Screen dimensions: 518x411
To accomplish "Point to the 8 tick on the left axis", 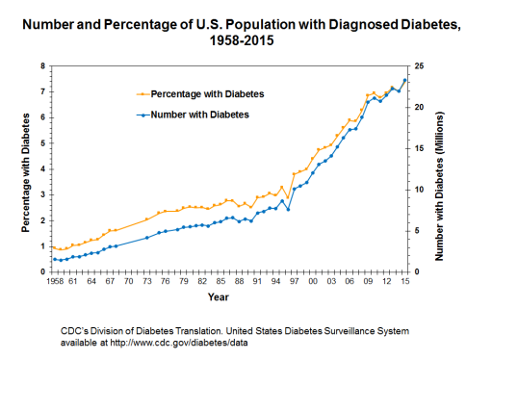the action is (x=42, y=66).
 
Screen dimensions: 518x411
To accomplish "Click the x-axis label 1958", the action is (x=55, y=281).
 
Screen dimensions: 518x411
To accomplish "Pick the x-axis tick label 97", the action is (x=295, y=281).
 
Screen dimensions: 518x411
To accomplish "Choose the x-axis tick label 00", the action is (x=313, y=281).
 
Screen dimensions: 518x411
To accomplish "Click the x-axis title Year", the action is (x=219, y=297).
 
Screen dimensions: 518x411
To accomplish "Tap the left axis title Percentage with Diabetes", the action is (x=25, y=173).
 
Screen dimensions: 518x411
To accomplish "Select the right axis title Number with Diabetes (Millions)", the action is (x=439, y=186).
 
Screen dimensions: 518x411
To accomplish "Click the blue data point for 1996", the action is (x=288, y=210).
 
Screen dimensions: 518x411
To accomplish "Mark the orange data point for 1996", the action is (x=288, y=197).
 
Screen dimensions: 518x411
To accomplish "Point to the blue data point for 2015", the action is (x=404, y=80).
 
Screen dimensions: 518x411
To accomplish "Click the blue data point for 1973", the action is (x=147, y=238).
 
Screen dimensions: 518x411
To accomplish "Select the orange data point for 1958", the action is (x=55, y=247).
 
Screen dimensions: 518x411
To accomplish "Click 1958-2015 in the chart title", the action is (x=242, y=40).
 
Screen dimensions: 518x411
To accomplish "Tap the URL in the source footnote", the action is (x=179, y=343).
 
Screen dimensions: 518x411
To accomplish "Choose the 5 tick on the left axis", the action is (x=42, y=143).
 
